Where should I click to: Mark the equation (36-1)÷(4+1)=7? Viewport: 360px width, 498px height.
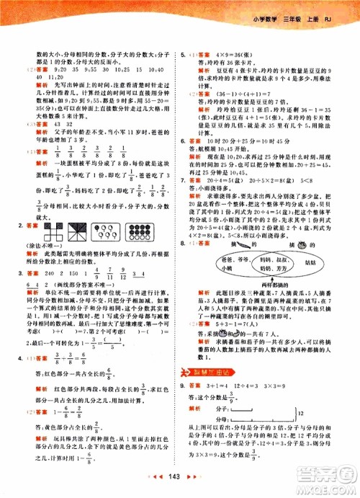241,93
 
